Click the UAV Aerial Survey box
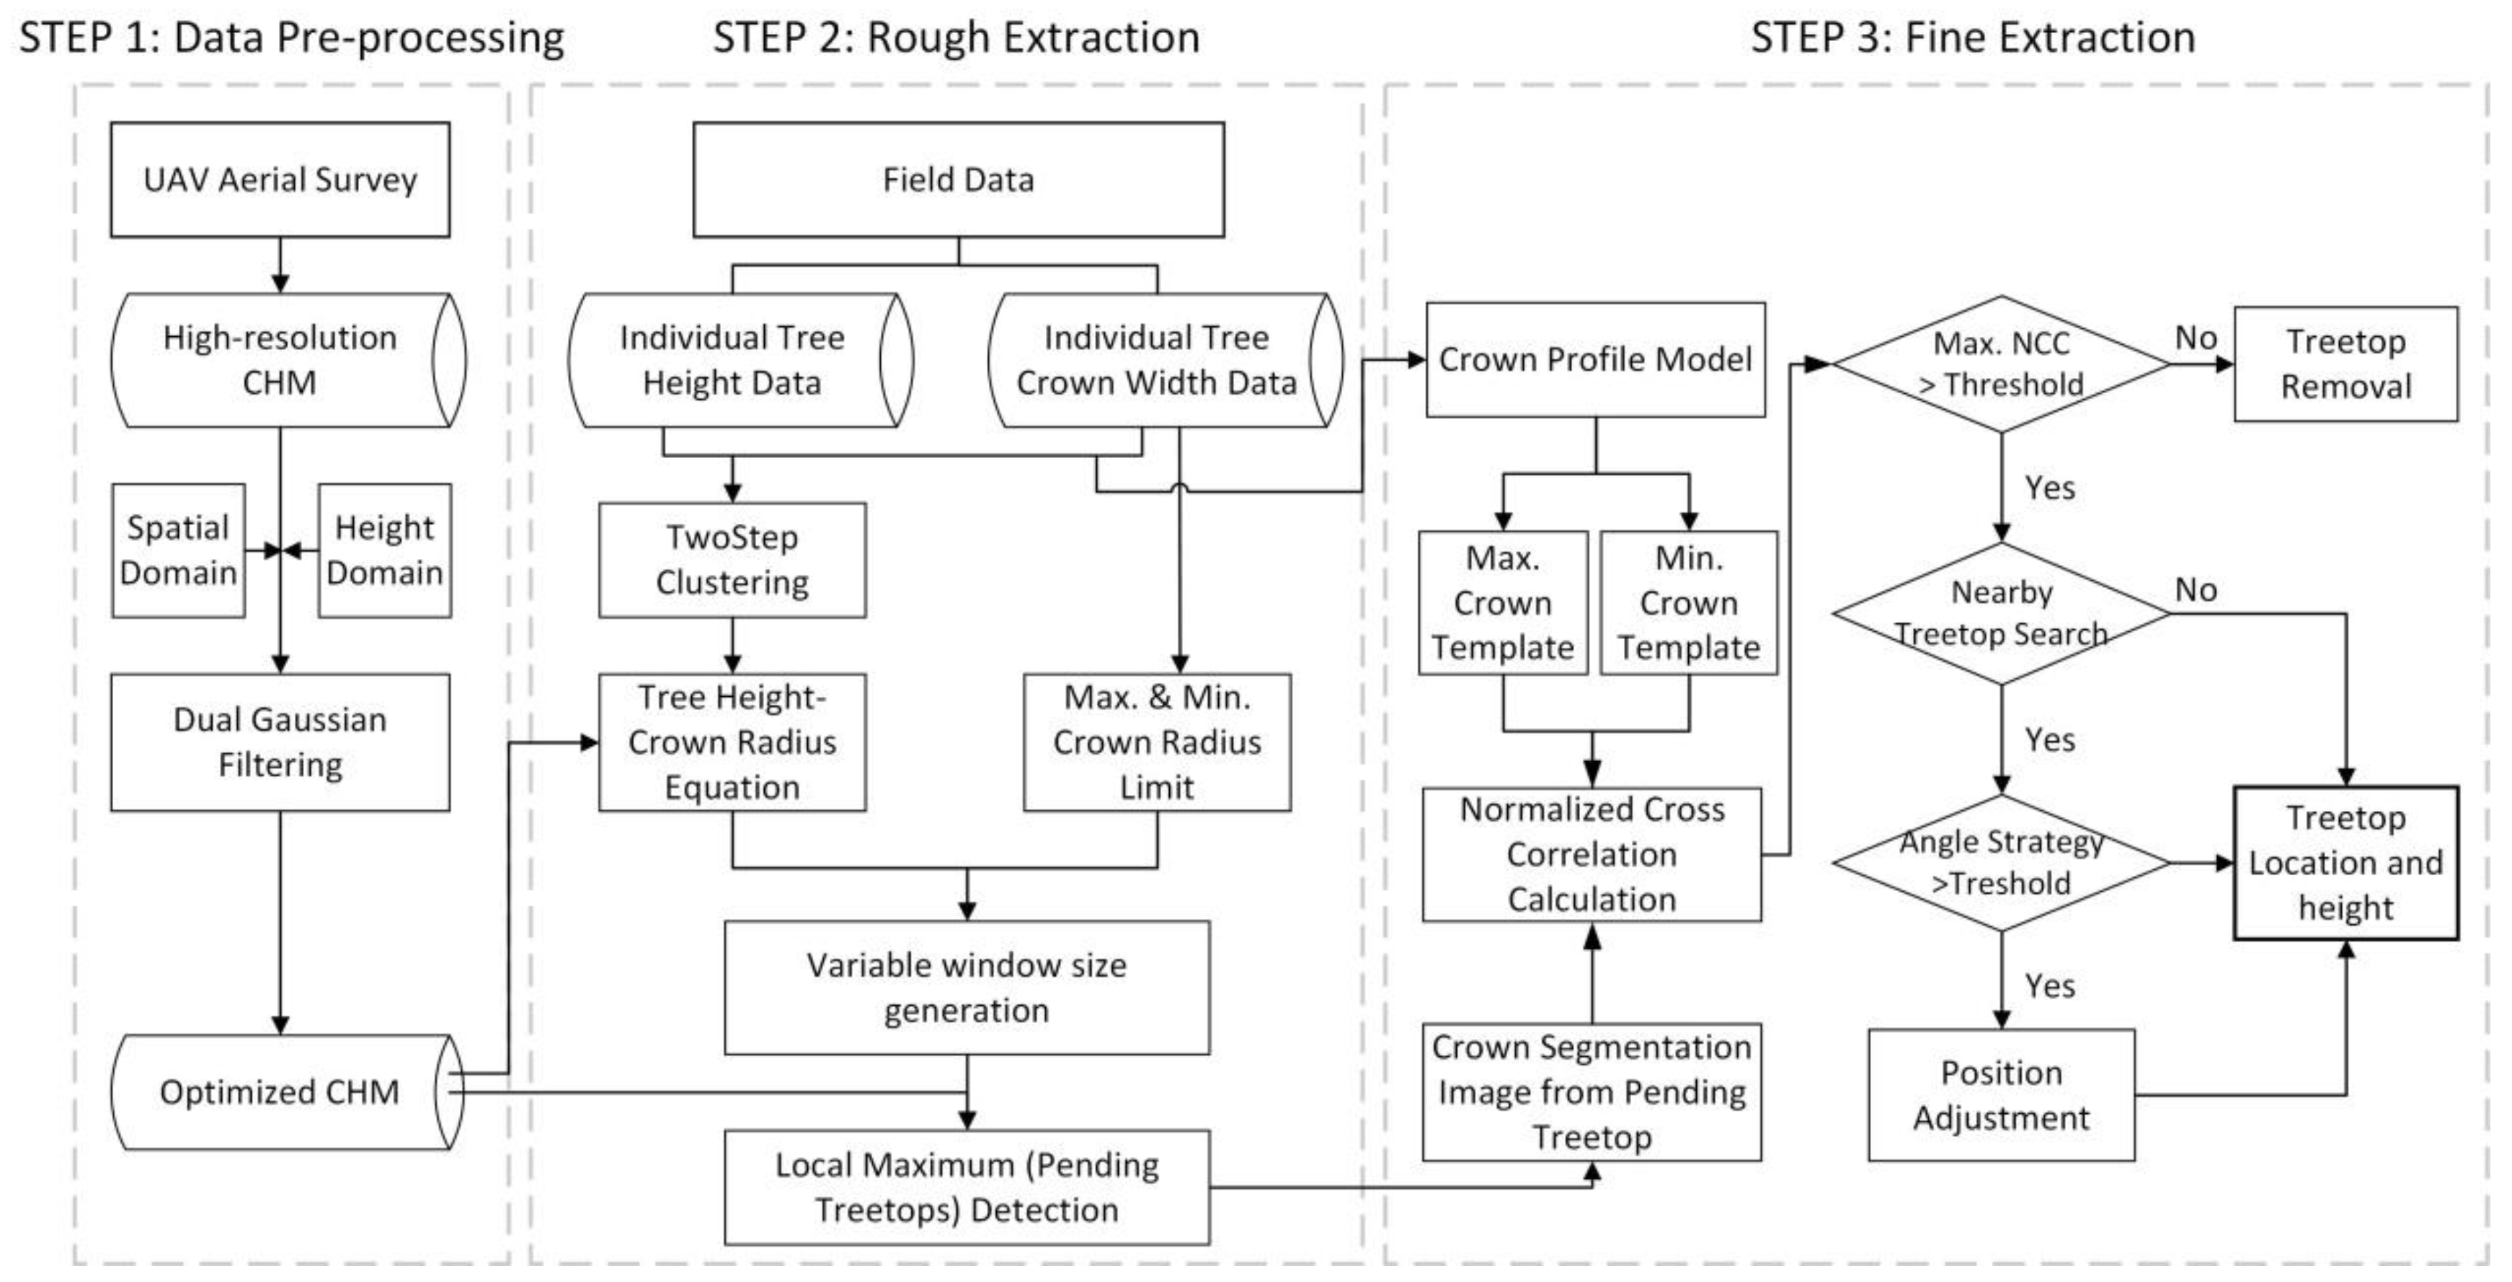[280, 180]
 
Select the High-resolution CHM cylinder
[280, 360]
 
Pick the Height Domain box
[384, 550]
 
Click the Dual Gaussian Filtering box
[280, 742]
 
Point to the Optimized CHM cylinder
[280, 1092]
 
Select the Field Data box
[958, 180]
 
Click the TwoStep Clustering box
[732, 560]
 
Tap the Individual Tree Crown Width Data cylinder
[1157, 360]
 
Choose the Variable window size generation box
[967, 988]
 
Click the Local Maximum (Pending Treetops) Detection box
[967, 1187]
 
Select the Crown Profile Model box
[1595, 360]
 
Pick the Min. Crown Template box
[1688, 603]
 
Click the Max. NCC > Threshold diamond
[2001, 364]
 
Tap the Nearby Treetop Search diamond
[2001, 614]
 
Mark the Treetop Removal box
[2345, 364]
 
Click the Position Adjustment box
[2001, 1094]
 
